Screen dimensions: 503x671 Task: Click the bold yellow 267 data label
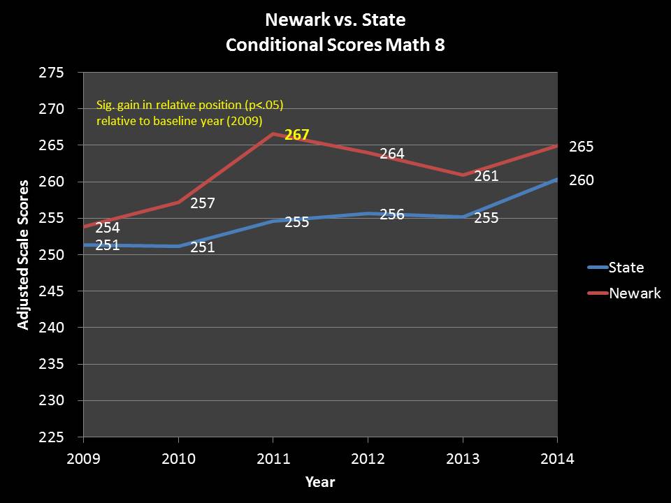(296, 135)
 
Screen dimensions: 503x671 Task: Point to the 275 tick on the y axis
(52, 73)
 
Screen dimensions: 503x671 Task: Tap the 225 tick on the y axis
(52, 437)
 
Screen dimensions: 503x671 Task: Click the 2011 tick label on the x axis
(273, 459)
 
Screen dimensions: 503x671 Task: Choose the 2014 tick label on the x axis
(557, 459)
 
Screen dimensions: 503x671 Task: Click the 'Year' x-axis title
(319, 482)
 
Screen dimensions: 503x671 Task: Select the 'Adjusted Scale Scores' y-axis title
(23, 255)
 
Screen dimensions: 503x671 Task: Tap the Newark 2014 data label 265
(581, 147)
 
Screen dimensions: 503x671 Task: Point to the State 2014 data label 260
(581, 180)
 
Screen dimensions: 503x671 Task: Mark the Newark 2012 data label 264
(391, 154)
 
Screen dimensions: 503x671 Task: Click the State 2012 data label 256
(391, 214)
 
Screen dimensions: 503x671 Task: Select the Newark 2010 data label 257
(202, 204)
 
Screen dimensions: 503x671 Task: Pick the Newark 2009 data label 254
(107, 228)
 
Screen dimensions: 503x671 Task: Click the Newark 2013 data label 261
(486, 176)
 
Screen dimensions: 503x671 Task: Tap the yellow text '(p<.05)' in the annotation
(264, 105)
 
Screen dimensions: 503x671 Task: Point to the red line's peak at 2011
(273, 133)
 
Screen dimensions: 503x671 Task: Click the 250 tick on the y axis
(52, 255)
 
